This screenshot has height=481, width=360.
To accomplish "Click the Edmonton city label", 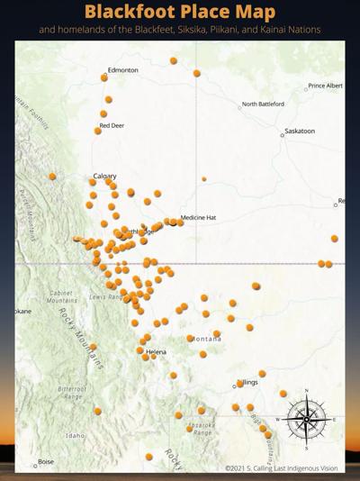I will point(122,69).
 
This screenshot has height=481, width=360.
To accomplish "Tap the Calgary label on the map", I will point(104,177).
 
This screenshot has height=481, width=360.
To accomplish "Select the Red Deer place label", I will point(112,125).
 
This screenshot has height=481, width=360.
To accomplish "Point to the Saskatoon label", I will point(300,132).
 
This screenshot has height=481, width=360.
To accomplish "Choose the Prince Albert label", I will point(325,86).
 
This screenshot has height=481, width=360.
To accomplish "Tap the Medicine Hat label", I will point(198,218).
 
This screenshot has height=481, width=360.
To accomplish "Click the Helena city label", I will point(157,351).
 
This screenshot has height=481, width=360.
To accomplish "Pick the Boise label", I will point(45,462).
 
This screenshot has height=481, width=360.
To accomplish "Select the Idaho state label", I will point(76,435).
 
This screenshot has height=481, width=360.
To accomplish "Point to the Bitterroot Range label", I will point(72,393).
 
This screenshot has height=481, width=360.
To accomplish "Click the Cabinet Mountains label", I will point(61,296).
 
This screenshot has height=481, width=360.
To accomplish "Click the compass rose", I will point(307,418).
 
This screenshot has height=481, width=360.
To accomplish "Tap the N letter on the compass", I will point(307,391).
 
